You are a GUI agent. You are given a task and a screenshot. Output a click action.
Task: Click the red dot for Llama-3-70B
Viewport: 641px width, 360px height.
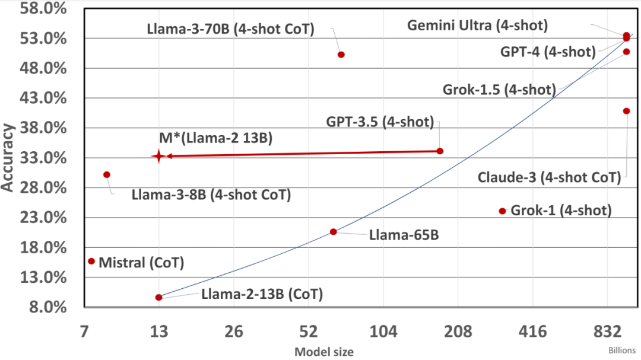[x=341, y=55]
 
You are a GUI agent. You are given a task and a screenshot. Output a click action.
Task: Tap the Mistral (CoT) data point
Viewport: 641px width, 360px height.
[x=91, y=261]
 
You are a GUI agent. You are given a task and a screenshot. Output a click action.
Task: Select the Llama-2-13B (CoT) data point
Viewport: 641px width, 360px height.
[x=158, y=297]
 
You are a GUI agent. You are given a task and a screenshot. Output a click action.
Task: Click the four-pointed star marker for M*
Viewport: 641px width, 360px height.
[x=158, y=156]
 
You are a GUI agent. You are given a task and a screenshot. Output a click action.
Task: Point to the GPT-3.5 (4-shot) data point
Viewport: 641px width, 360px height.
[x=440, y=151]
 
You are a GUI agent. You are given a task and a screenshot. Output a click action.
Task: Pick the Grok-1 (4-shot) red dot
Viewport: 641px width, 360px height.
[x=502, y=211]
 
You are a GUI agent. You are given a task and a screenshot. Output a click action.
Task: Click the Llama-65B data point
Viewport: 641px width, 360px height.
[x=334, y=232]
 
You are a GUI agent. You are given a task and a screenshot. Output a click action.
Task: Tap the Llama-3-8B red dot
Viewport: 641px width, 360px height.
[x=107, y=174]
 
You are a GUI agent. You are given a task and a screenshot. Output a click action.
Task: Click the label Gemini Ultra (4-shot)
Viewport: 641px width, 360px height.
[x=478, y=26]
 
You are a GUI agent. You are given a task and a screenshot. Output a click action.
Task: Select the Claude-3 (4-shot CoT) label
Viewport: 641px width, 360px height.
[x=549, y=177]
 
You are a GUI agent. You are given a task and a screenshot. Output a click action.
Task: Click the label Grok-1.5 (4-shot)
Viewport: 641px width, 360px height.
[x=499, y=90]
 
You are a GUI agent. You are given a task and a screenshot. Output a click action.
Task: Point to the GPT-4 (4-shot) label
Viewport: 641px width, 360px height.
[x=548, y=52]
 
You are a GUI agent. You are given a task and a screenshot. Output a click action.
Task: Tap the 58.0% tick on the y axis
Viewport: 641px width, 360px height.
[x=39, y=9]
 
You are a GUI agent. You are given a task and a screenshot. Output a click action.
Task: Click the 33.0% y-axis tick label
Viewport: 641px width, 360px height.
[x=39, y=158]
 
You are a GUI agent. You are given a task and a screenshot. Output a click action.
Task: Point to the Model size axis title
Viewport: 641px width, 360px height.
[x=324, y=352]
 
